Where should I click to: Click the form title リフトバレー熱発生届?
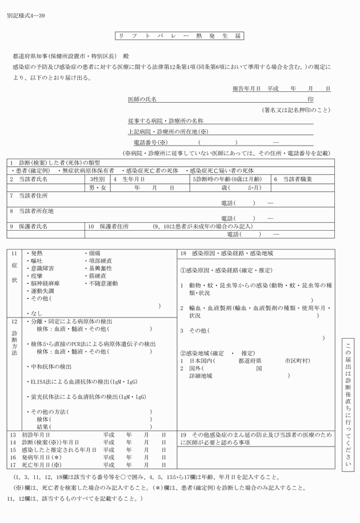(180, 35)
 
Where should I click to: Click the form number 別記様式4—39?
(27, 15)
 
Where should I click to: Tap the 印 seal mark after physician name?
(310, 99)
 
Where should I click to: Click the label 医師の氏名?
(142, 99)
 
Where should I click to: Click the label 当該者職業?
(297, 179)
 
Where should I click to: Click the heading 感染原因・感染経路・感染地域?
(226, 253)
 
